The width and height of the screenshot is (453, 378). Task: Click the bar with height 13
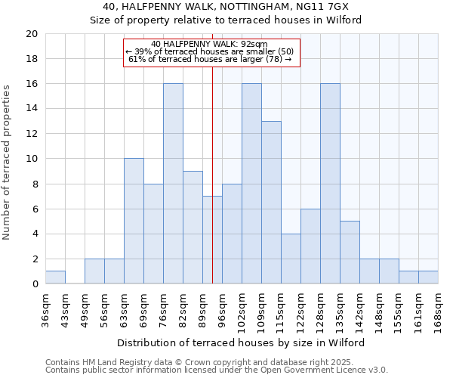tap(271, 203)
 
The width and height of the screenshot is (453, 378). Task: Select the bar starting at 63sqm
tap(134, 221)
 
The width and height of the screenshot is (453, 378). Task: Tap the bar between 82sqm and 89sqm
tap(193, 227)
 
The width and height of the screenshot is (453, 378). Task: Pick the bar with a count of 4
tap(291, 259)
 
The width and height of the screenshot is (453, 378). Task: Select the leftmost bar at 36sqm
tap(55, 277)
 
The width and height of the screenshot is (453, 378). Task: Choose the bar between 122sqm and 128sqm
tap(310, 246)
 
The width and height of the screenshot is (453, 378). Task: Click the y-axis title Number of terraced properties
tap(7, 163)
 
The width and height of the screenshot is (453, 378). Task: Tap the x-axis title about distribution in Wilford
tap(242, 342)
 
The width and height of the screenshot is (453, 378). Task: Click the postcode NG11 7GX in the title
tap(327, 7)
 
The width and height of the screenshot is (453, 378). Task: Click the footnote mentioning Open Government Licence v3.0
tap(217, 370)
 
